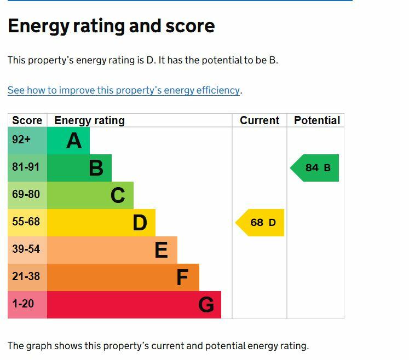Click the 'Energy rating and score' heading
pos(111,26)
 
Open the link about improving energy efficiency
pos(124,90)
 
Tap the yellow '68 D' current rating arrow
pos(261,223)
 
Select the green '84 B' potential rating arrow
pos(316,168)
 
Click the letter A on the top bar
pos(74,141)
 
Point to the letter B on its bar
pos(96,168)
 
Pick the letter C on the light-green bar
pos(118,195)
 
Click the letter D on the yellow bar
pos(140,223)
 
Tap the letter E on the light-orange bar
pos(161,250)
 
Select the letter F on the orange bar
pos(182,277)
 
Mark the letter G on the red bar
pos(206,305)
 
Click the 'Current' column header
pos(260,120)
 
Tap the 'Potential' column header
pos(317,120)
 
